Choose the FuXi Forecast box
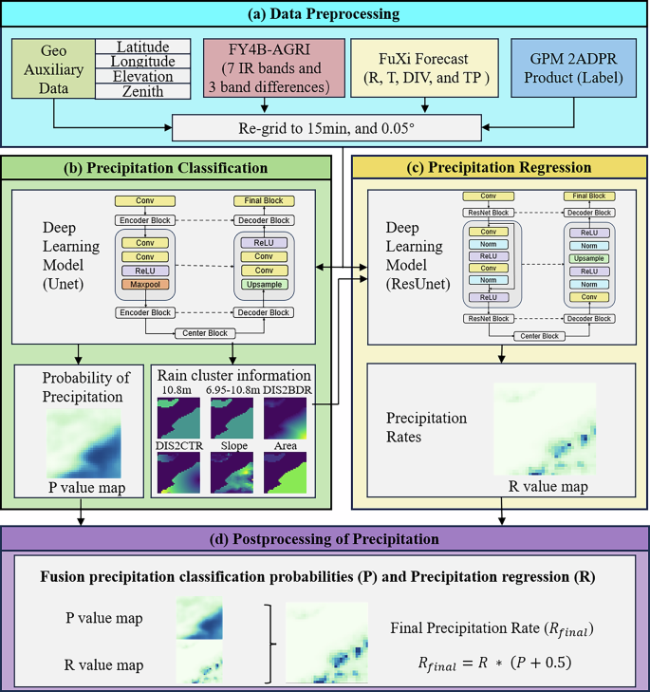[x=419, y=69]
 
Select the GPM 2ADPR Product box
[x=569, y=69]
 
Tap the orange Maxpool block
[x=145, y=284]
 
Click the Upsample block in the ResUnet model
[x=587, y=257]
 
